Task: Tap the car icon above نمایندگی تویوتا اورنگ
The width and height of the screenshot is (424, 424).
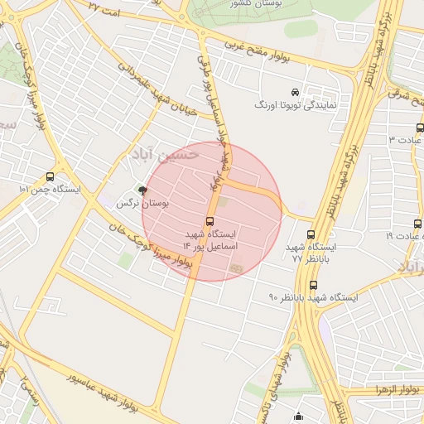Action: coord(296,91)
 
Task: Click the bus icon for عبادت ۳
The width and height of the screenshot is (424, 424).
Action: coord(420,128)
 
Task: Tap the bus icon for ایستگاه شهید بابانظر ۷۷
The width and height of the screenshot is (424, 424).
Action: coord(311,234)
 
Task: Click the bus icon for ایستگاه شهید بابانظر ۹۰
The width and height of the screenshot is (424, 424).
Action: coord(312,285)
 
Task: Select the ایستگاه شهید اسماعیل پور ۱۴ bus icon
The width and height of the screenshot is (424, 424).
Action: coord(210,221)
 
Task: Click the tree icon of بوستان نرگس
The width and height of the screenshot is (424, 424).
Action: coord(142,190)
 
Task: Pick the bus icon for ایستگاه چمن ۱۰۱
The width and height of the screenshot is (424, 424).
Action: coord(51,176)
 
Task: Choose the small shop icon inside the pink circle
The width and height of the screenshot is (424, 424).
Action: coord(237,268)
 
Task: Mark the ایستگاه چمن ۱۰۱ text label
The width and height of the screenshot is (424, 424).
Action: coord(50,189)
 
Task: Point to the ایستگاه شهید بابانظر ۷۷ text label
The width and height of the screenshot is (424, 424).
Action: coord(311,253)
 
